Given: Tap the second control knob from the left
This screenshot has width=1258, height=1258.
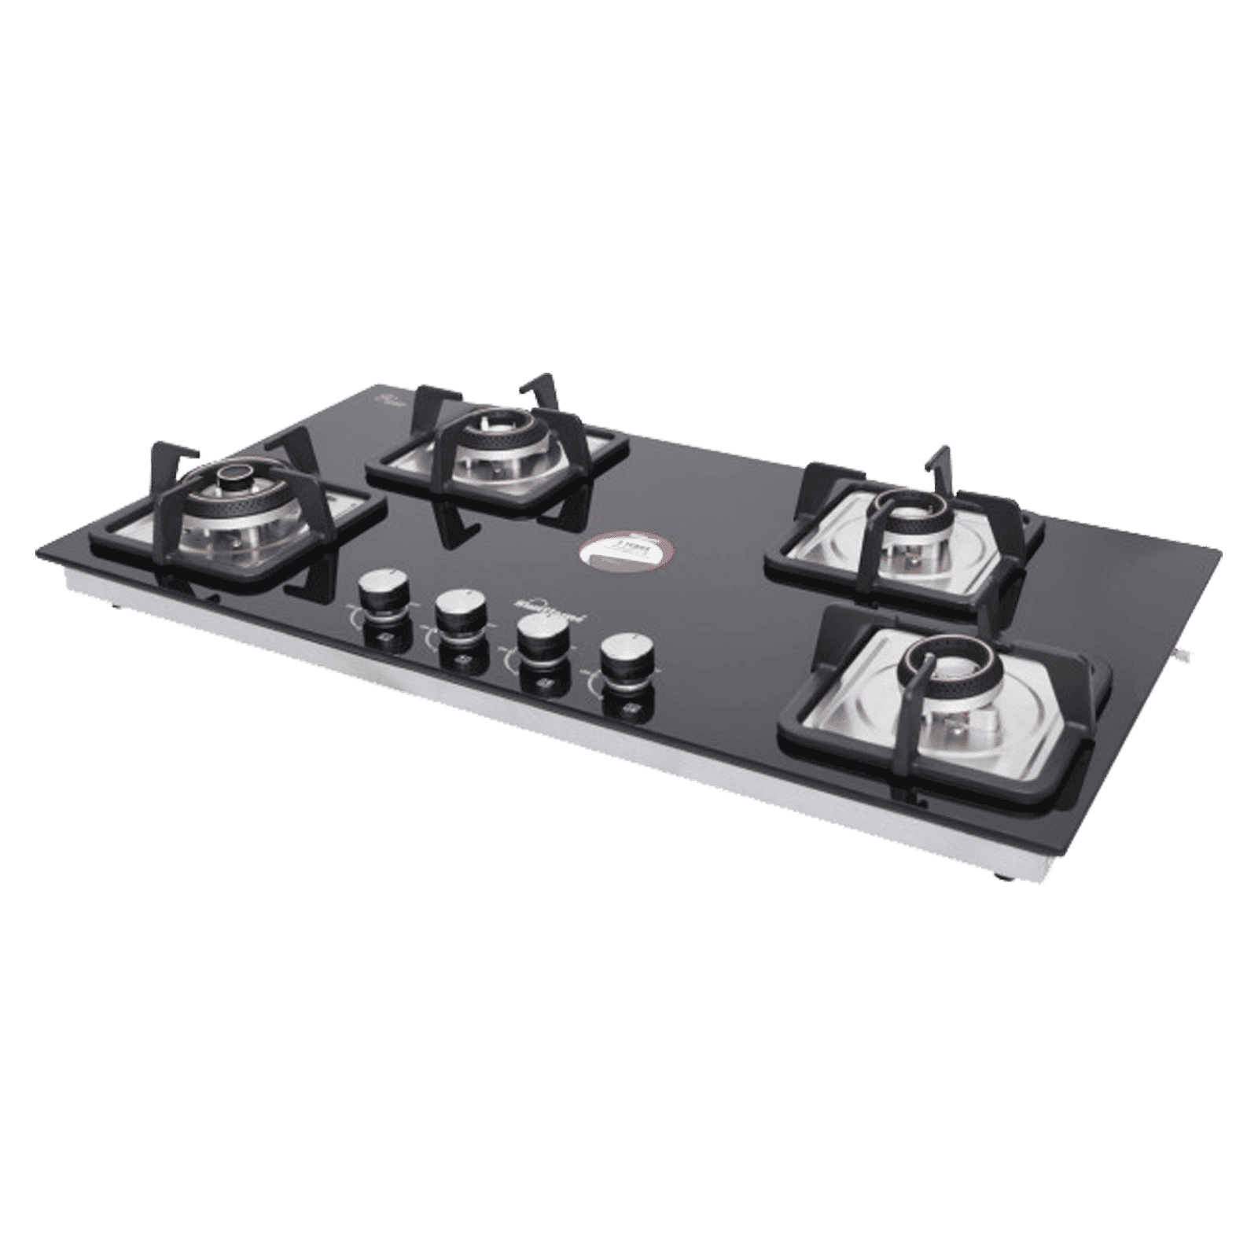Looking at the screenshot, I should pos(460,608).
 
